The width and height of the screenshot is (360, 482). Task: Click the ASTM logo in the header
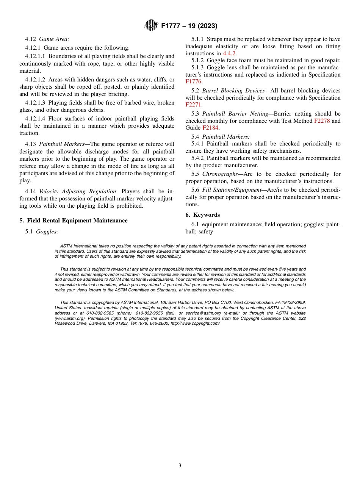tap(151, 26)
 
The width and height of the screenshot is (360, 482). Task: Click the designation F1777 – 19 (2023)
tap(189, 26)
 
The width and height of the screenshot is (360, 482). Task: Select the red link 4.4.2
tap(230, 53)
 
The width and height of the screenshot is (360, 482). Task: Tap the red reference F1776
tap(194, 81)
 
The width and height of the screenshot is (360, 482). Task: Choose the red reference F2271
tap(194, 105)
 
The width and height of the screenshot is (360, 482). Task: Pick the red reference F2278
tap(322, 121)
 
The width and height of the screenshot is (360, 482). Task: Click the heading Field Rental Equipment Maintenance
tap(77, 221)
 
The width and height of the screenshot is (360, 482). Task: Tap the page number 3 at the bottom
tap(180, 466)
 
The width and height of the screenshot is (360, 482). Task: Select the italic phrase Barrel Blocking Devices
tap(233, 91)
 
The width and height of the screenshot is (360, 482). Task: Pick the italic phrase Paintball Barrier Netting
tap(235, 114)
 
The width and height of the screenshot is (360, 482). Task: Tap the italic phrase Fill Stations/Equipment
tap(232, 190)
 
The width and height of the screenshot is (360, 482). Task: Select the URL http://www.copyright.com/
tap(195, 323)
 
